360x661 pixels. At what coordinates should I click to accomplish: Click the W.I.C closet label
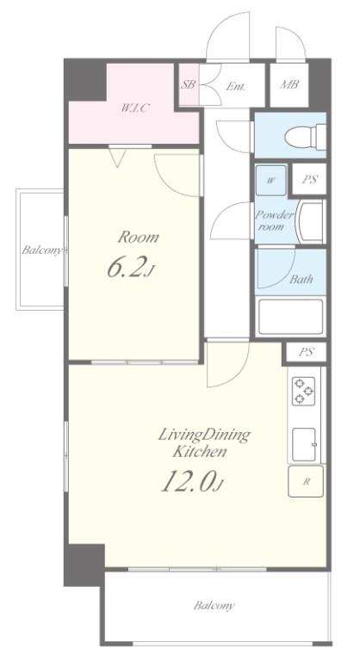134,108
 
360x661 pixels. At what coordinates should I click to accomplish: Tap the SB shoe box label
189,84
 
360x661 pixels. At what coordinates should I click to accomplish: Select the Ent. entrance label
235,86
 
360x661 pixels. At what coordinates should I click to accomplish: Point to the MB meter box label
289,84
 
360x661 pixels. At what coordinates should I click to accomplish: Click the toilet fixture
305,136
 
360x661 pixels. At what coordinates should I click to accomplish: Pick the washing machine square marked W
271,181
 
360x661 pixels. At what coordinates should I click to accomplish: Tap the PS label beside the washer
309,180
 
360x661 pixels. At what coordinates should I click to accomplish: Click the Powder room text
273,221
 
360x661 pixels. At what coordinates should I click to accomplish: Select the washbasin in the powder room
310,221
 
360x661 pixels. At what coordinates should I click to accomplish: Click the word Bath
301,279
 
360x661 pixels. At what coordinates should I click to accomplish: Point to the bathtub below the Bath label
290,316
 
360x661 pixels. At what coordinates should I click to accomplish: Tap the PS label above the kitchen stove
306,352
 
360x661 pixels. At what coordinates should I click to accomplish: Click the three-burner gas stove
303,391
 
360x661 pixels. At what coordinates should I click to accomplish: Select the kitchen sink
304,445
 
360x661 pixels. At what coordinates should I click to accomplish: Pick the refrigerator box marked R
306,481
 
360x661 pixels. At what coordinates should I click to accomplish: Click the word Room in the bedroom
138,237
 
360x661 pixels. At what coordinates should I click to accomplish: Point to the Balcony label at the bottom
214,606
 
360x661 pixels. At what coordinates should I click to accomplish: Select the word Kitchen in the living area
200,452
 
